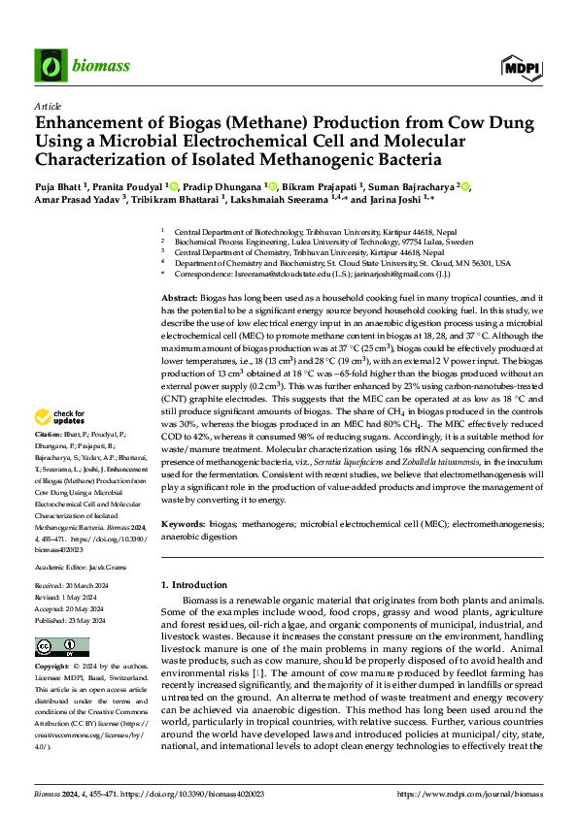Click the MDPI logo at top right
(x=521, y=67)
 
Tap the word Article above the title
(x=47, y=105)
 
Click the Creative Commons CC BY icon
(x=55, y=647)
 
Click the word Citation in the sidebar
(x=49, y=434)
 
